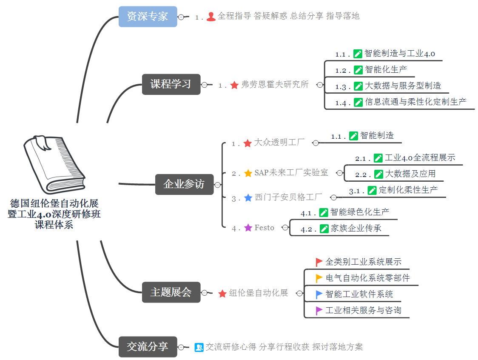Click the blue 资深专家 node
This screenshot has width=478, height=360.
click(x=148, y=17)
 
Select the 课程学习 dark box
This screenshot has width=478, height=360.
click(x=171, y=84)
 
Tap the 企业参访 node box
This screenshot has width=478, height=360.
click(x=184, y=184)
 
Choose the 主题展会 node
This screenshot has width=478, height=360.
click(x=171, y=292)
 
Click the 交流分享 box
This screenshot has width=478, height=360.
click(x=148, y=346)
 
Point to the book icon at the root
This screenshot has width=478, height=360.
click(x=53, y=163)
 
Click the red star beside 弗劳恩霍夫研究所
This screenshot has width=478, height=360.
click(x=234, y=85)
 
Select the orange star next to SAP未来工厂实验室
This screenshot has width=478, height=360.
click(x=248, y=173)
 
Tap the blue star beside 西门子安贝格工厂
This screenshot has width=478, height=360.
click(x=248, y=198)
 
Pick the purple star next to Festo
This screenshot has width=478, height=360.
click(x=248, y=228)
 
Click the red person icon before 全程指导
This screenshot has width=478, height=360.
click(x=211, y=17)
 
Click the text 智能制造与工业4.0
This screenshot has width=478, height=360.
click(x=399, y=54)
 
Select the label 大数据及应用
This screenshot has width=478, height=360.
click(x=410, y=174)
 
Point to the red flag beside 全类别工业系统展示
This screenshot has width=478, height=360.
click(x=319, y=262)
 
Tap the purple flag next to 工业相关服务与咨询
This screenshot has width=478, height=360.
click(x=319, y=311)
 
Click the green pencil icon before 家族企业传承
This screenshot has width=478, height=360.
click(x=324, y=229)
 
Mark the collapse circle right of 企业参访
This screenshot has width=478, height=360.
click(x=218, y=185)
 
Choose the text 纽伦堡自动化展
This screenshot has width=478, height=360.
click(x=259, y=293)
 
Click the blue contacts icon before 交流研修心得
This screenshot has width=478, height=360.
click(x=199, y=347)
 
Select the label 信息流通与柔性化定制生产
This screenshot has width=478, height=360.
click(x=415, y=102)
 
